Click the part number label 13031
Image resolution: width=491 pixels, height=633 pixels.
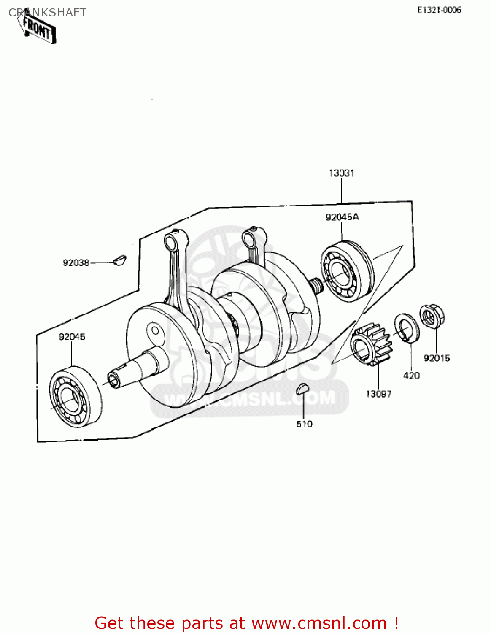click(x=341, y=173)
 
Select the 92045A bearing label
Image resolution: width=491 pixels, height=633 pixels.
click(x=342, y=217)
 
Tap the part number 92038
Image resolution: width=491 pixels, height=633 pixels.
click(x=76, y=263)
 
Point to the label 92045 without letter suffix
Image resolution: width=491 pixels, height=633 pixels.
click(x=72, y=337)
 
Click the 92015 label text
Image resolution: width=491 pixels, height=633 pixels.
click(x=437, y=358)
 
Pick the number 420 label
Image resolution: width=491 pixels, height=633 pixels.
click(x=411, y=376)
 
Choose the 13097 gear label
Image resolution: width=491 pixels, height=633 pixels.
click(x=378, y=394)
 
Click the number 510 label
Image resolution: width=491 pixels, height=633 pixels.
click(x=304, y=424)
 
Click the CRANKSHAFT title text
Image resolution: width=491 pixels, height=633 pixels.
click(x=47, y=13)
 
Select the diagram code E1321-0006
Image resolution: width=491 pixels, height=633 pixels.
click(x=439, y=10)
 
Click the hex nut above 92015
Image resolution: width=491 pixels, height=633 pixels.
click(x=432, y=316)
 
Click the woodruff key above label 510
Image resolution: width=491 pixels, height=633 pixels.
click(x=302, y=389)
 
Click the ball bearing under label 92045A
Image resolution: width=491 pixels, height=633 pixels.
click(x=346, y=271)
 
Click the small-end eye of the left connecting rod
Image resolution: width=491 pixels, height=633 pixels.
click(x=172, y=242)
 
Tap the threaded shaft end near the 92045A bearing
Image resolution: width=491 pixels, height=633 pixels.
click(x=316, y=285)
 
